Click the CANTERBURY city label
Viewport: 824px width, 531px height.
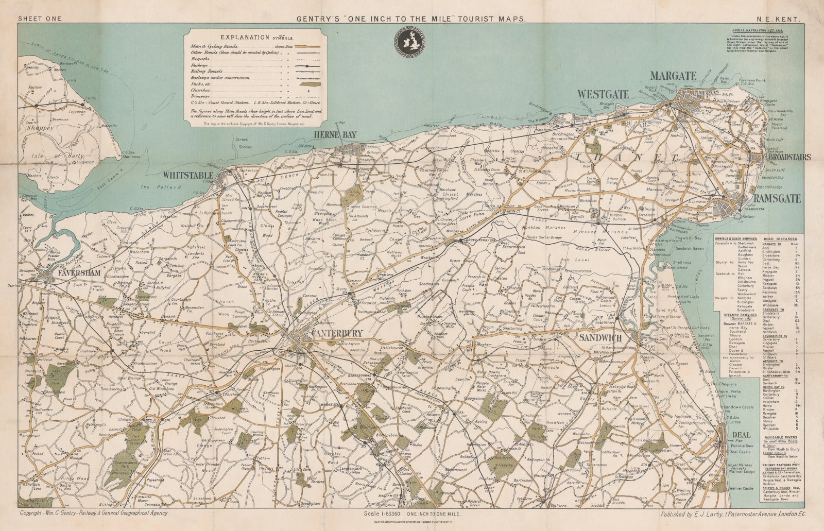(338, 333)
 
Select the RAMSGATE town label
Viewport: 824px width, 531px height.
(777, 198)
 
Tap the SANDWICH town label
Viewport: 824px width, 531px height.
(601, 337)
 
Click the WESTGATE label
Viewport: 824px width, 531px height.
(603, 94)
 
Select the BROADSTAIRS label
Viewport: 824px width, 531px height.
(789, 157)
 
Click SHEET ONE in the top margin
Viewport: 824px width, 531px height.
(40, 19)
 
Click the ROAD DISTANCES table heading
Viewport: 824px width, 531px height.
(781, 239)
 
